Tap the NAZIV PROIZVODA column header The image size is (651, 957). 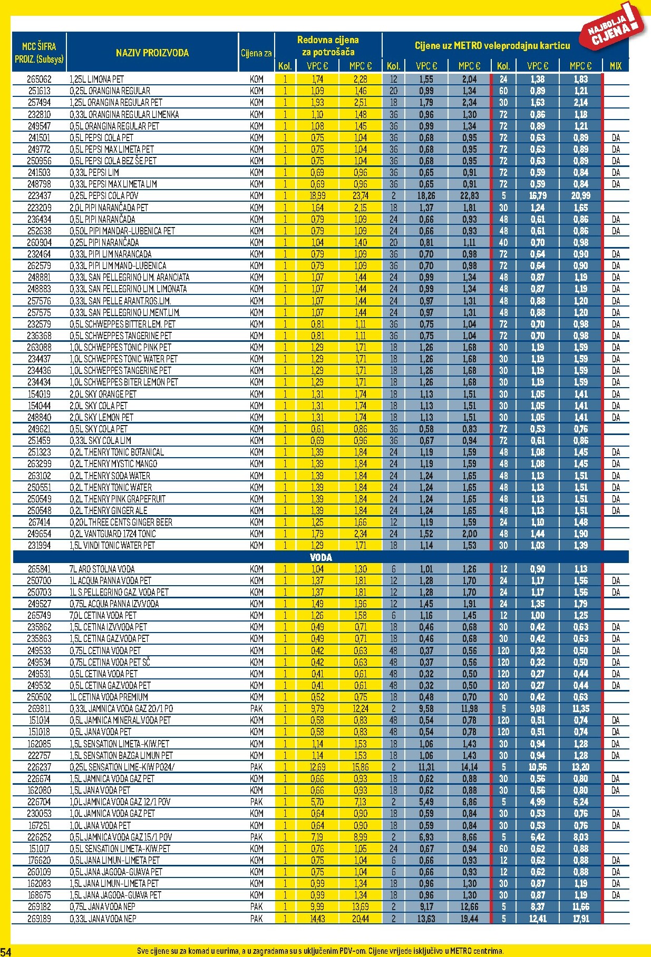[x=152, y=53]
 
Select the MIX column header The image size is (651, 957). [x=615, y=66]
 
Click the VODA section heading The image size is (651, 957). [x=320, y=557]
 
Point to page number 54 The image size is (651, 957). [x=6, y=951]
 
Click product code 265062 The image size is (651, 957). [x=40, y=80]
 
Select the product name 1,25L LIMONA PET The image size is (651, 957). [x=96, y=80]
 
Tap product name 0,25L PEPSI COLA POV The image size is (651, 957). [x=104, y=196]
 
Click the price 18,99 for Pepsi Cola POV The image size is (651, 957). [x=317, y=196]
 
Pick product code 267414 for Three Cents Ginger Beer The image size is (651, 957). [x=40, y=522]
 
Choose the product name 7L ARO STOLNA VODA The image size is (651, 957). [x=102, y=569]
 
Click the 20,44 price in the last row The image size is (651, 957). [x=361, y=919]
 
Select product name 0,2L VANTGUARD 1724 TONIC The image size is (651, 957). [x=112, y=534]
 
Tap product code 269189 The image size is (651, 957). [x=40, y=919]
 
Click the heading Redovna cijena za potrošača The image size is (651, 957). [x=328, y=46]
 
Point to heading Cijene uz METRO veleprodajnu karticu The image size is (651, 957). [x=492, y=46]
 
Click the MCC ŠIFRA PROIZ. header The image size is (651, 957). [x=40, y=53]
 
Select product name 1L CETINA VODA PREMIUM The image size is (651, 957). [x=109, y=697]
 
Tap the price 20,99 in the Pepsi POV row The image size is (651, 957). [x=580, y=196]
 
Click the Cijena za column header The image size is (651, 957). [x=256, y=53]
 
